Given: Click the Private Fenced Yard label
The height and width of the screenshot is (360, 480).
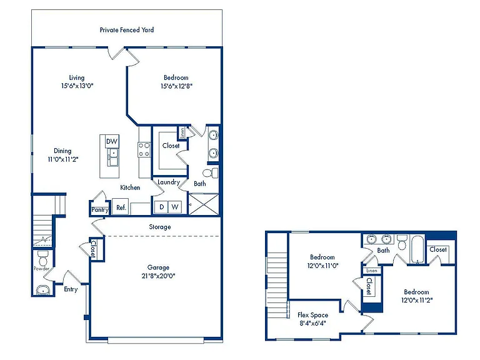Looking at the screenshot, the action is point(127,30).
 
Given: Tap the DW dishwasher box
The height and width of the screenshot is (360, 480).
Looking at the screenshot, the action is point(112,141).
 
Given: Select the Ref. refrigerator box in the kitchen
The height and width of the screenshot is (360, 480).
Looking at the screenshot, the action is point(121,207).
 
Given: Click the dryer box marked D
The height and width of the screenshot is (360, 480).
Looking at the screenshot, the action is point(162,207).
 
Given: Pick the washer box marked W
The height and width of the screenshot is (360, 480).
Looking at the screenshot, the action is point(175,207).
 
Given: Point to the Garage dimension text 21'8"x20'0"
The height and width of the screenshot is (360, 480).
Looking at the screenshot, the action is point(158,276).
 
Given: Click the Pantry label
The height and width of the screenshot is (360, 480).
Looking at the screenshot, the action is point(100,210).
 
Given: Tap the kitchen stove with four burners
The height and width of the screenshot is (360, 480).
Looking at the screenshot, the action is point(144,150).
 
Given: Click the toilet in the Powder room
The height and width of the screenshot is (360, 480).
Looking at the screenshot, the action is point(43,258).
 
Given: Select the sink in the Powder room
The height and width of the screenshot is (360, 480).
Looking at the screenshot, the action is point(43,289).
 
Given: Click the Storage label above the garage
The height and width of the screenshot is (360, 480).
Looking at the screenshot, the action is point(160,227).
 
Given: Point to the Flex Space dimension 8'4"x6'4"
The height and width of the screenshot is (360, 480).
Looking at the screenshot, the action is point(312,323).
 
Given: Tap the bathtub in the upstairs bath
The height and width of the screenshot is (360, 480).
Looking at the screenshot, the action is point(417,249).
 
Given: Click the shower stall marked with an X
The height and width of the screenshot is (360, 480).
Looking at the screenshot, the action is point(203,204).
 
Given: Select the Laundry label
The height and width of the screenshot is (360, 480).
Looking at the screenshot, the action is point(168,182).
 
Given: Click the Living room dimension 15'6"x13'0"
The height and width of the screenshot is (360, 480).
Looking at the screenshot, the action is point(77,86).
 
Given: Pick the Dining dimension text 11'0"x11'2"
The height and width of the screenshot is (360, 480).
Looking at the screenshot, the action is point(63,159).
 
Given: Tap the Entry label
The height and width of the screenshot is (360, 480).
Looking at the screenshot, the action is point(71,289).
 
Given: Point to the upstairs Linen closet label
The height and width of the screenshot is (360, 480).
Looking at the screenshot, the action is point(372,271).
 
